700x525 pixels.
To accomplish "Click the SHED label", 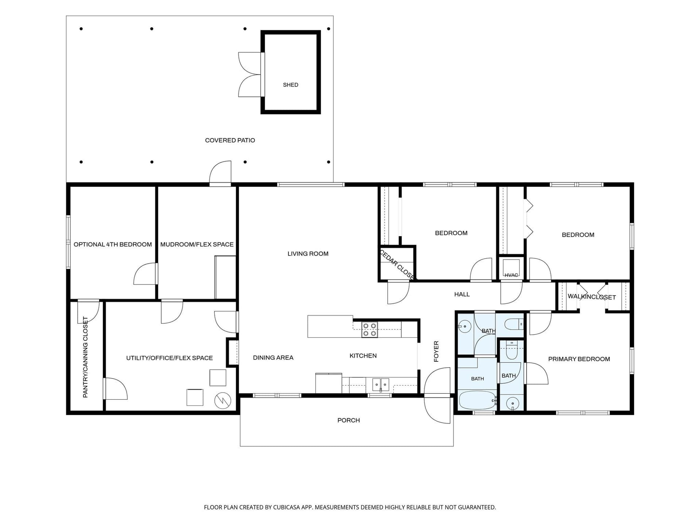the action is (291, 85).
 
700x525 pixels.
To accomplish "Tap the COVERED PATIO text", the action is (230, 140).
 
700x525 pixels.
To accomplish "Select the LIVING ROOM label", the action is (308, 254).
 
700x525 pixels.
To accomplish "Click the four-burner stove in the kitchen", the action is (369, 330).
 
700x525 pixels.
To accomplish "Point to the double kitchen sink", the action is (381, 385).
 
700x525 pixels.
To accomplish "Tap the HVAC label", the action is (511, 275).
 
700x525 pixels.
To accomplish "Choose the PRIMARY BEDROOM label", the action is (579, 359).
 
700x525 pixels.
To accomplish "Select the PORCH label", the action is (349, 420).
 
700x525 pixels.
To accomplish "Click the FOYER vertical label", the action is (436, 351).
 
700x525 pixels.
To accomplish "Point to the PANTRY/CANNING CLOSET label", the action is (85, 357).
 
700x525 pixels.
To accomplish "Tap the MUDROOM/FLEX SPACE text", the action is (197, 245).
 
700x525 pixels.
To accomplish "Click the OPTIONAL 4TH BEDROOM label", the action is (113, 245).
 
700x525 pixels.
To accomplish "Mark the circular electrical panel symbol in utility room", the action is (222, 401).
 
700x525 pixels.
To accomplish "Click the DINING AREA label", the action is (273, 358).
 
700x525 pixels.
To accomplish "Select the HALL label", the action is (462, 294).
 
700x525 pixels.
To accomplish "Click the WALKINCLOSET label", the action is (592, 297).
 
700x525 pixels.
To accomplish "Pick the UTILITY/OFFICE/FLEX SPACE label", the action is (170, 358).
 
